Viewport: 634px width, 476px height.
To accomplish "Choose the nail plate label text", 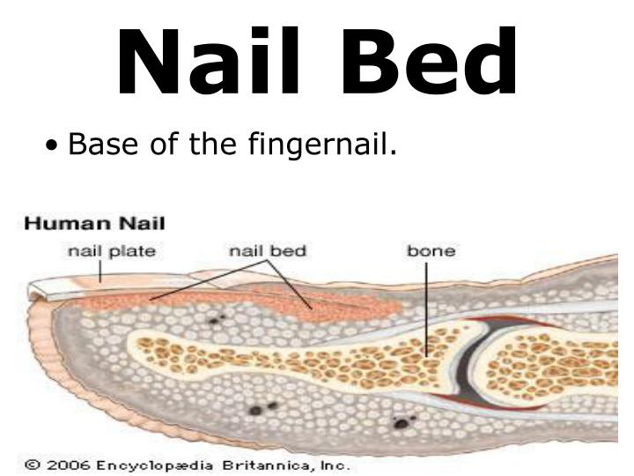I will click(112, 251).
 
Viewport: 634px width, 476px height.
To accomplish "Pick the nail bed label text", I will click(268, 251).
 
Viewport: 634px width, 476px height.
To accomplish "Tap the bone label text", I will click(431, 251).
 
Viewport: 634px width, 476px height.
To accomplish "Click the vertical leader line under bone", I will click(428, 309).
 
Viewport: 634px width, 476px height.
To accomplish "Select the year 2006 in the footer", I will click(61, 465).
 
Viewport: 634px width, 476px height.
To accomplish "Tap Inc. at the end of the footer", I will click(334, 465).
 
